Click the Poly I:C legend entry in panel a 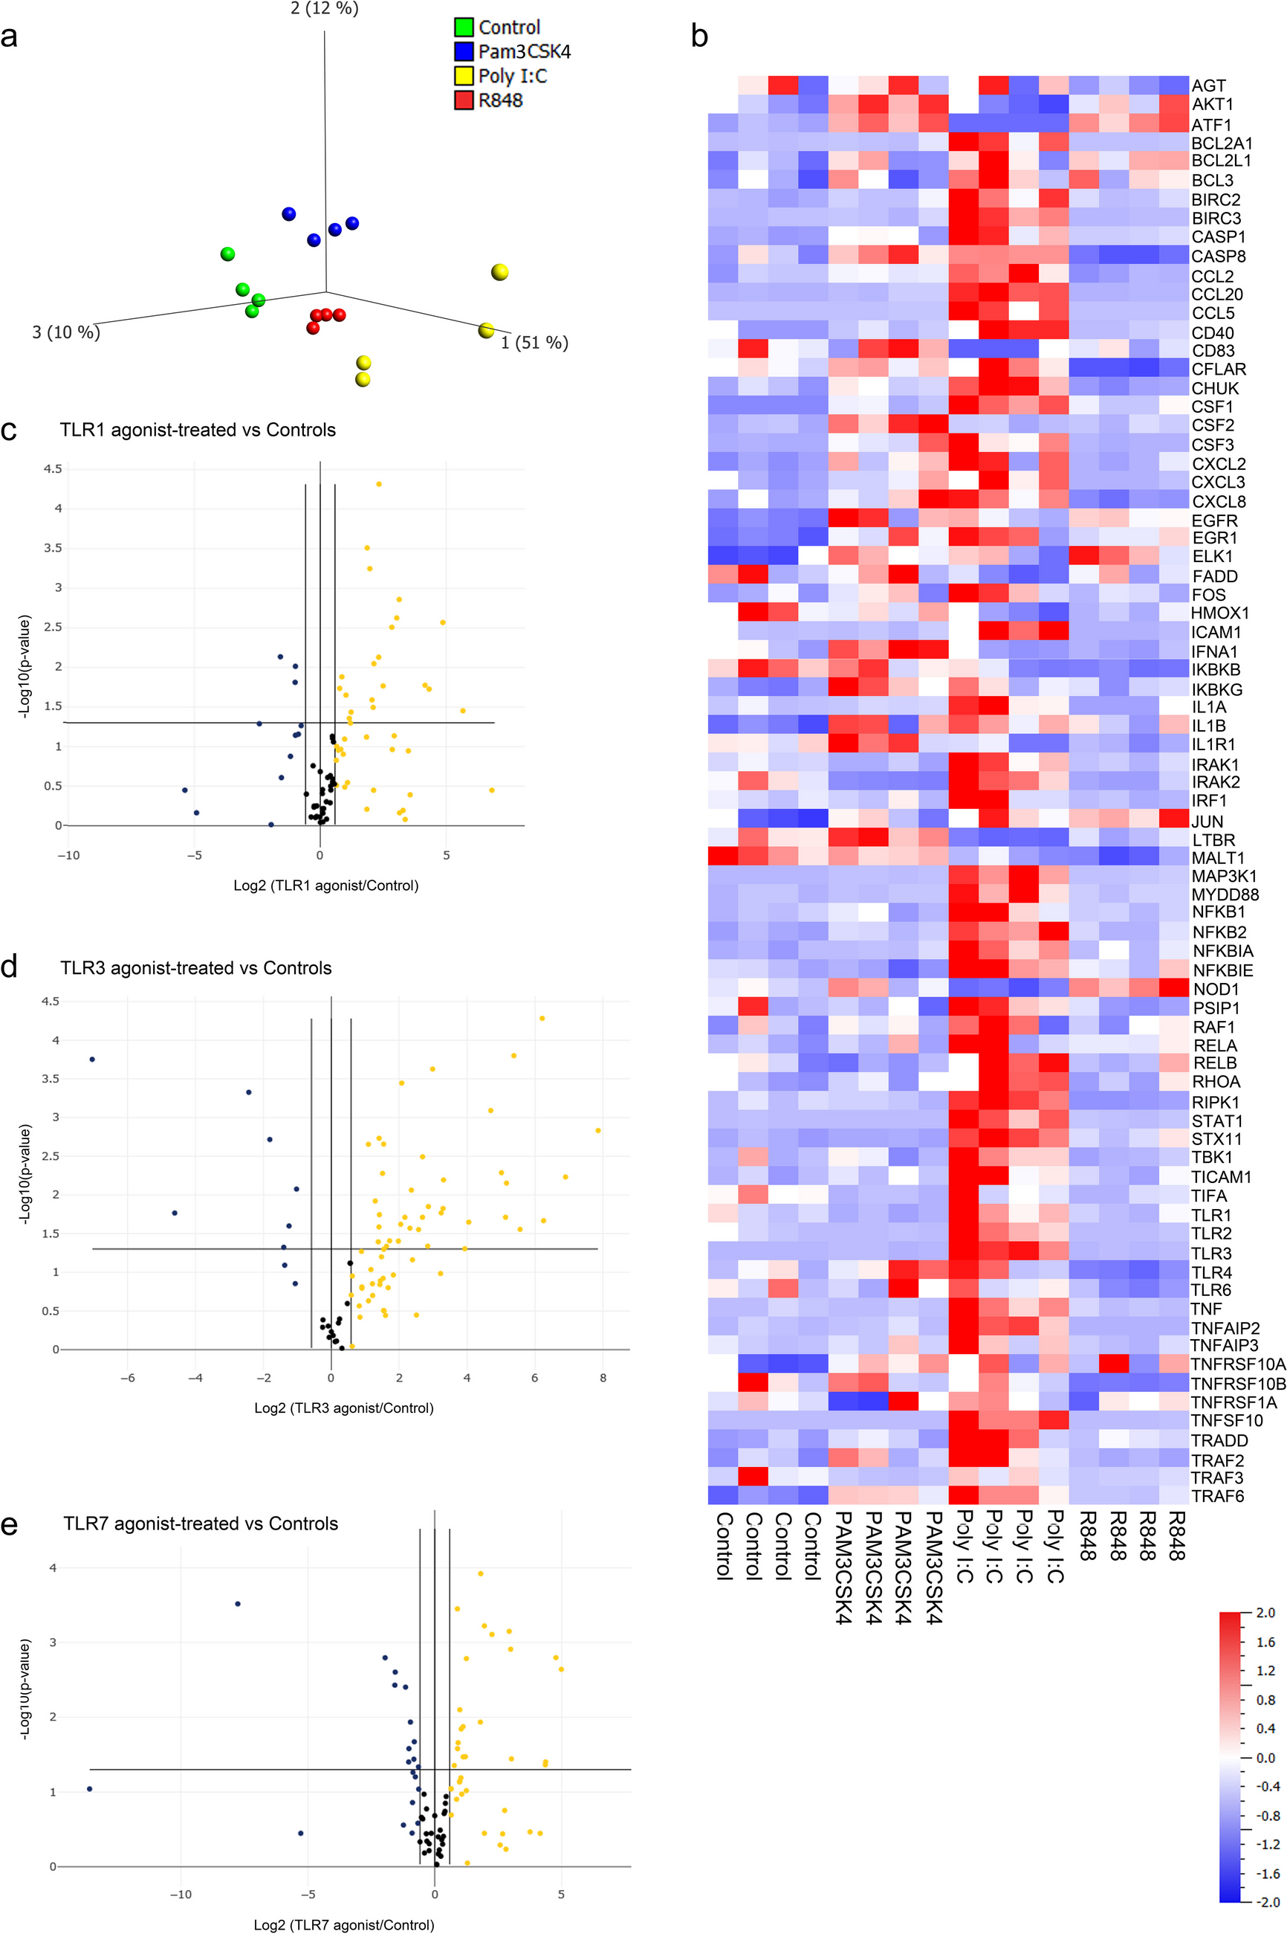tap(512, 76)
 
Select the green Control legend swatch tap(464, 27)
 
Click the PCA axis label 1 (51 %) tap(534, 343)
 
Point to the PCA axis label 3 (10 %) tap(65, 332)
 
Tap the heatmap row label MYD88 tap(1225, 895)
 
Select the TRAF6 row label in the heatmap tap(1217, 1495)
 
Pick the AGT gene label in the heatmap tap(1208, 86)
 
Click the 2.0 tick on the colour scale tap(1265, 1613)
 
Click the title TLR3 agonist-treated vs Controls tap(195, 967)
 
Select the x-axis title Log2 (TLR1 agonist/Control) tap(326, 886)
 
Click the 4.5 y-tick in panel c tap(53, 469)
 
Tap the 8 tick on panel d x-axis tap(603, 1378)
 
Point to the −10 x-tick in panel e tap(181, 1894)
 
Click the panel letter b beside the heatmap tap(699, 37)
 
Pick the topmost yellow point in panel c tap(378, 484)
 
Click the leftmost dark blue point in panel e tap(89, 1789)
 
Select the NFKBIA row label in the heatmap tap(1222, 951)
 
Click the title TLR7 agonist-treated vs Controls tap(201, 1524)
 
